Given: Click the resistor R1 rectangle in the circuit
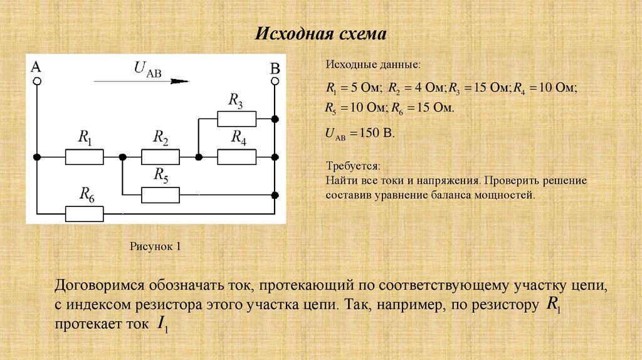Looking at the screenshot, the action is tap(84, 157).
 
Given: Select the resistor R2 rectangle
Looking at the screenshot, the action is tap(160, 157).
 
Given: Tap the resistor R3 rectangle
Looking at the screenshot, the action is tap(236, 118).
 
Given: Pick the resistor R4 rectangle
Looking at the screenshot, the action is tap(236, 157).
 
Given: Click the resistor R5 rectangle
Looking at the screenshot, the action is tap(160, 195).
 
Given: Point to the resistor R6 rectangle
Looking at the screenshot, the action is tap(84, 214).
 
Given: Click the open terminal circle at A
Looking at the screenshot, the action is tap(37, 81).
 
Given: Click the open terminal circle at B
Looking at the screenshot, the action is tap(275, 81).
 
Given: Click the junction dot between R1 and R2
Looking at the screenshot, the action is tap(123, 157).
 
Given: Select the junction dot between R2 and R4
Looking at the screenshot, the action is tap(198, 157).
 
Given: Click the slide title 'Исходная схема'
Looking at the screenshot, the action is tap(320, 33).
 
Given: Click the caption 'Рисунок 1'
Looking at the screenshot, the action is tap(155, 246).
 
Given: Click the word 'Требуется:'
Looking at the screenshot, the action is tap(352, 167).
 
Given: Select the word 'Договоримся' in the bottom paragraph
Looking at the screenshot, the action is tap(99, 285).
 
